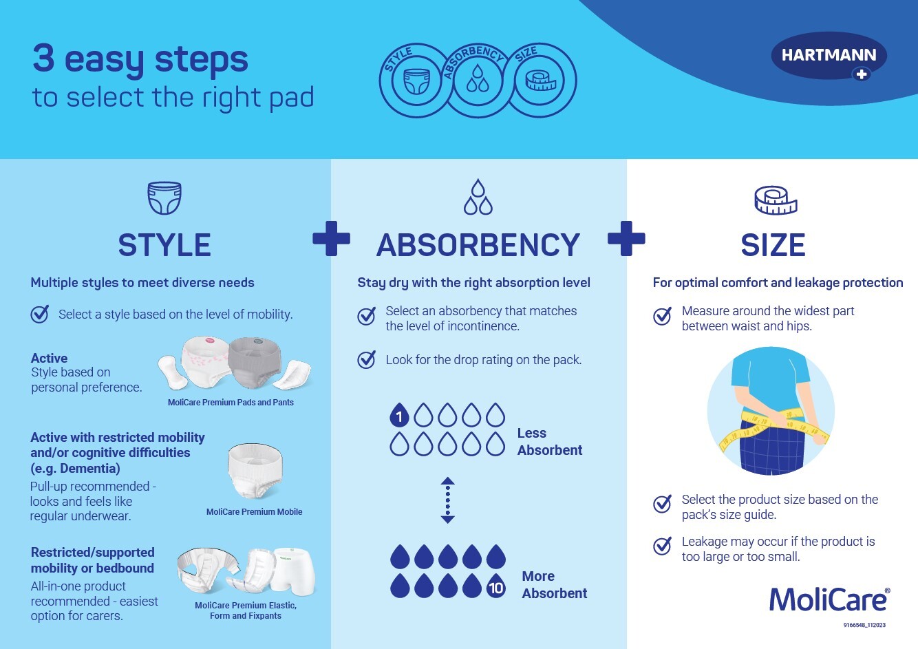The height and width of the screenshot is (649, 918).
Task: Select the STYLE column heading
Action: [x=164, y=245]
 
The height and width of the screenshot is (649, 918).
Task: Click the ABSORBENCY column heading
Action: [x=478, y=245]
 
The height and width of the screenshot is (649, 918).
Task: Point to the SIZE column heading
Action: [x=773, y=245]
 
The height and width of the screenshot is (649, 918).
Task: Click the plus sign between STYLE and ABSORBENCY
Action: [x=331, y=239]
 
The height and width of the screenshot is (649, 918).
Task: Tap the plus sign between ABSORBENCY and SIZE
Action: [x=626, y=239]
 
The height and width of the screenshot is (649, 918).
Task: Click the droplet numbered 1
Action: [x=399, y=415]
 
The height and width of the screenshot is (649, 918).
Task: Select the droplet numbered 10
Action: [x=496, y=586]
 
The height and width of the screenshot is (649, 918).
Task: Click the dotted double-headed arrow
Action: [x=447, y=500]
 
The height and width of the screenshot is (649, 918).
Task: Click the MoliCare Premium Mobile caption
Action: [x=254, y=511]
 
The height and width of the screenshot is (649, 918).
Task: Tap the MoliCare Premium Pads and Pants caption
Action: [x=231, y=402]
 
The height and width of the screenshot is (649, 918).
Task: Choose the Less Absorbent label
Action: [x=550, y=442]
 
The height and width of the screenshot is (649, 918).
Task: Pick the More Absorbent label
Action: [x=555, y=584]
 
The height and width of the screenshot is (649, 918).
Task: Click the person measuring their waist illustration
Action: [x=771, y=411]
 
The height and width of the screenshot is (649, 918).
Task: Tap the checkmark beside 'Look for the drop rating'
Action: [x=366, y=359]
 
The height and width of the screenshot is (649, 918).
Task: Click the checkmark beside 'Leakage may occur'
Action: [x=662, y=545]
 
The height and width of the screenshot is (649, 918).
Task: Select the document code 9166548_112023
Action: [x=864, y=625]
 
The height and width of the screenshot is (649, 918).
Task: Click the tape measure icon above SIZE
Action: [x=776, y=200]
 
